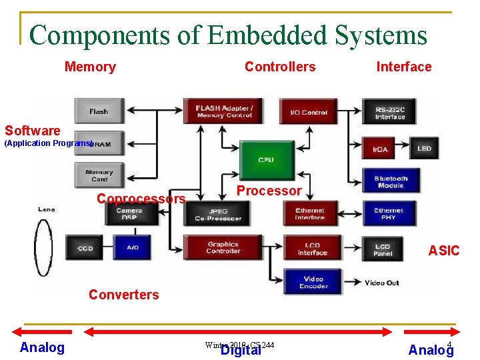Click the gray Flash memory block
pos(99,111)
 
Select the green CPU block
pos(266,160)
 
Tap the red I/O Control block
pos(309,111)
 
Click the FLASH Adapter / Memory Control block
pos(223,111)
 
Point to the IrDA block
pos(381,149)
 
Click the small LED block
pos(424,148)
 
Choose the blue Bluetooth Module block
pos(390,181)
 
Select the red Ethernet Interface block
pos(310,214)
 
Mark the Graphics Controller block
pos(223,247)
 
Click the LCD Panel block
pos(383,248)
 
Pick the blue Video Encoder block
pos(313,281)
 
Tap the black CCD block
pos(85,248)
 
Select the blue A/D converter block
pos(132,247)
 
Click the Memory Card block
pos(99,175)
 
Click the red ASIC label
pos(443,251)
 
